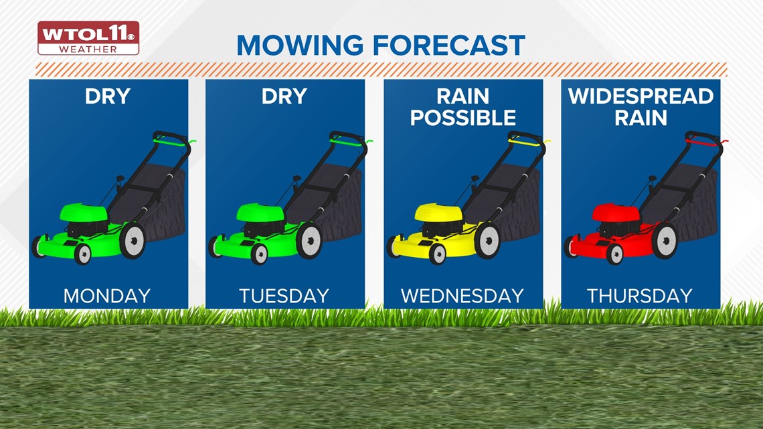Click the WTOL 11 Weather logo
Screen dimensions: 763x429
[88, 38]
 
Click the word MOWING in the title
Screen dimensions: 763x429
[300, 46]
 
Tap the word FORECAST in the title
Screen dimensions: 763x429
[449, 46]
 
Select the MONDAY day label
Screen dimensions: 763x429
[107, 296]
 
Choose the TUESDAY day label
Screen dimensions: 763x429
[284, 296]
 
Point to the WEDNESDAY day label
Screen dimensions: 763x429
[462, 296]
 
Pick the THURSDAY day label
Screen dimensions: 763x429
[639, 296]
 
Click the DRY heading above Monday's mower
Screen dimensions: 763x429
[108, 96]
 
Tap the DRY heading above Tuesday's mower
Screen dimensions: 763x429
[284, 96]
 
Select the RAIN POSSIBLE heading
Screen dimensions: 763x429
[462, 107]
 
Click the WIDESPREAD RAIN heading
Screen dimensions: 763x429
[641, 107]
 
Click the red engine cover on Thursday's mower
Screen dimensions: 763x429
[616, 213]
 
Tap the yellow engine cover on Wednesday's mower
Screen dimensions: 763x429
[438, 213]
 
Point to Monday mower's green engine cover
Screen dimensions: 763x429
[84, 213]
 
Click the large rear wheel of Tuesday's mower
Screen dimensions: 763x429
[309, 241]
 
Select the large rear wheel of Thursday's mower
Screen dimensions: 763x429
[665, 241]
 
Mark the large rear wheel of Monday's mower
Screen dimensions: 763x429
[133, 241]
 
